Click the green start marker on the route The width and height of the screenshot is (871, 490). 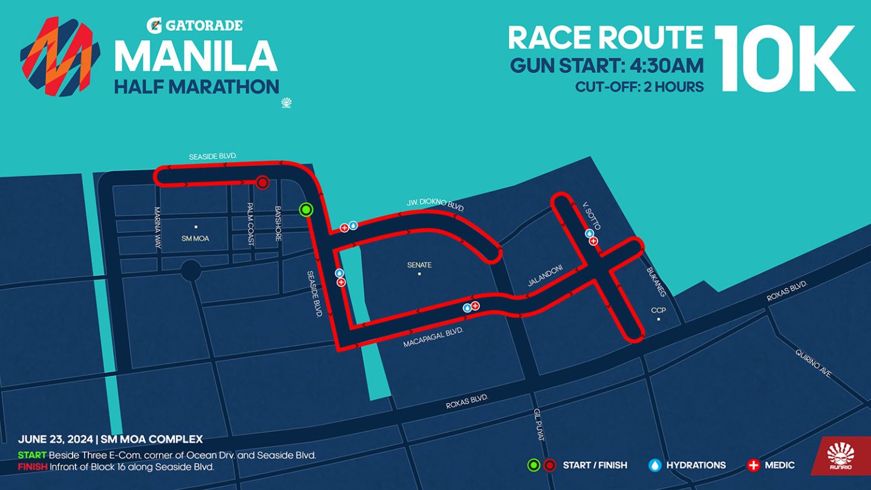coord(306,210)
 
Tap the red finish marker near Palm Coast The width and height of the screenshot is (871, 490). coord(262,182)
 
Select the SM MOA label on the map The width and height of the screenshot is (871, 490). coord(195,238)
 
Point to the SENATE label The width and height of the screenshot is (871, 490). coord(419,265)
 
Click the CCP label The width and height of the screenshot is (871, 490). coord(658,310)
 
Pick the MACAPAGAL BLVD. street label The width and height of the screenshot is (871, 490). coord(433,338)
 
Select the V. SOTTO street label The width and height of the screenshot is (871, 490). coord(590,215)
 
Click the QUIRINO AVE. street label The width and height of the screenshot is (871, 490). coord(814,363)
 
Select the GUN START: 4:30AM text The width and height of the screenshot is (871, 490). coord(607,65)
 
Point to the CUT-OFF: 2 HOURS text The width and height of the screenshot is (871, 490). coord(639,87)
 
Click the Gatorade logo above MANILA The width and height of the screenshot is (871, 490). coord(195,25)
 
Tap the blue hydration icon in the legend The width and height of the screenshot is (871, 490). coord(654,465)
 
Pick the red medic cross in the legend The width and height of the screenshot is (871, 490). coord(753,465)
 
